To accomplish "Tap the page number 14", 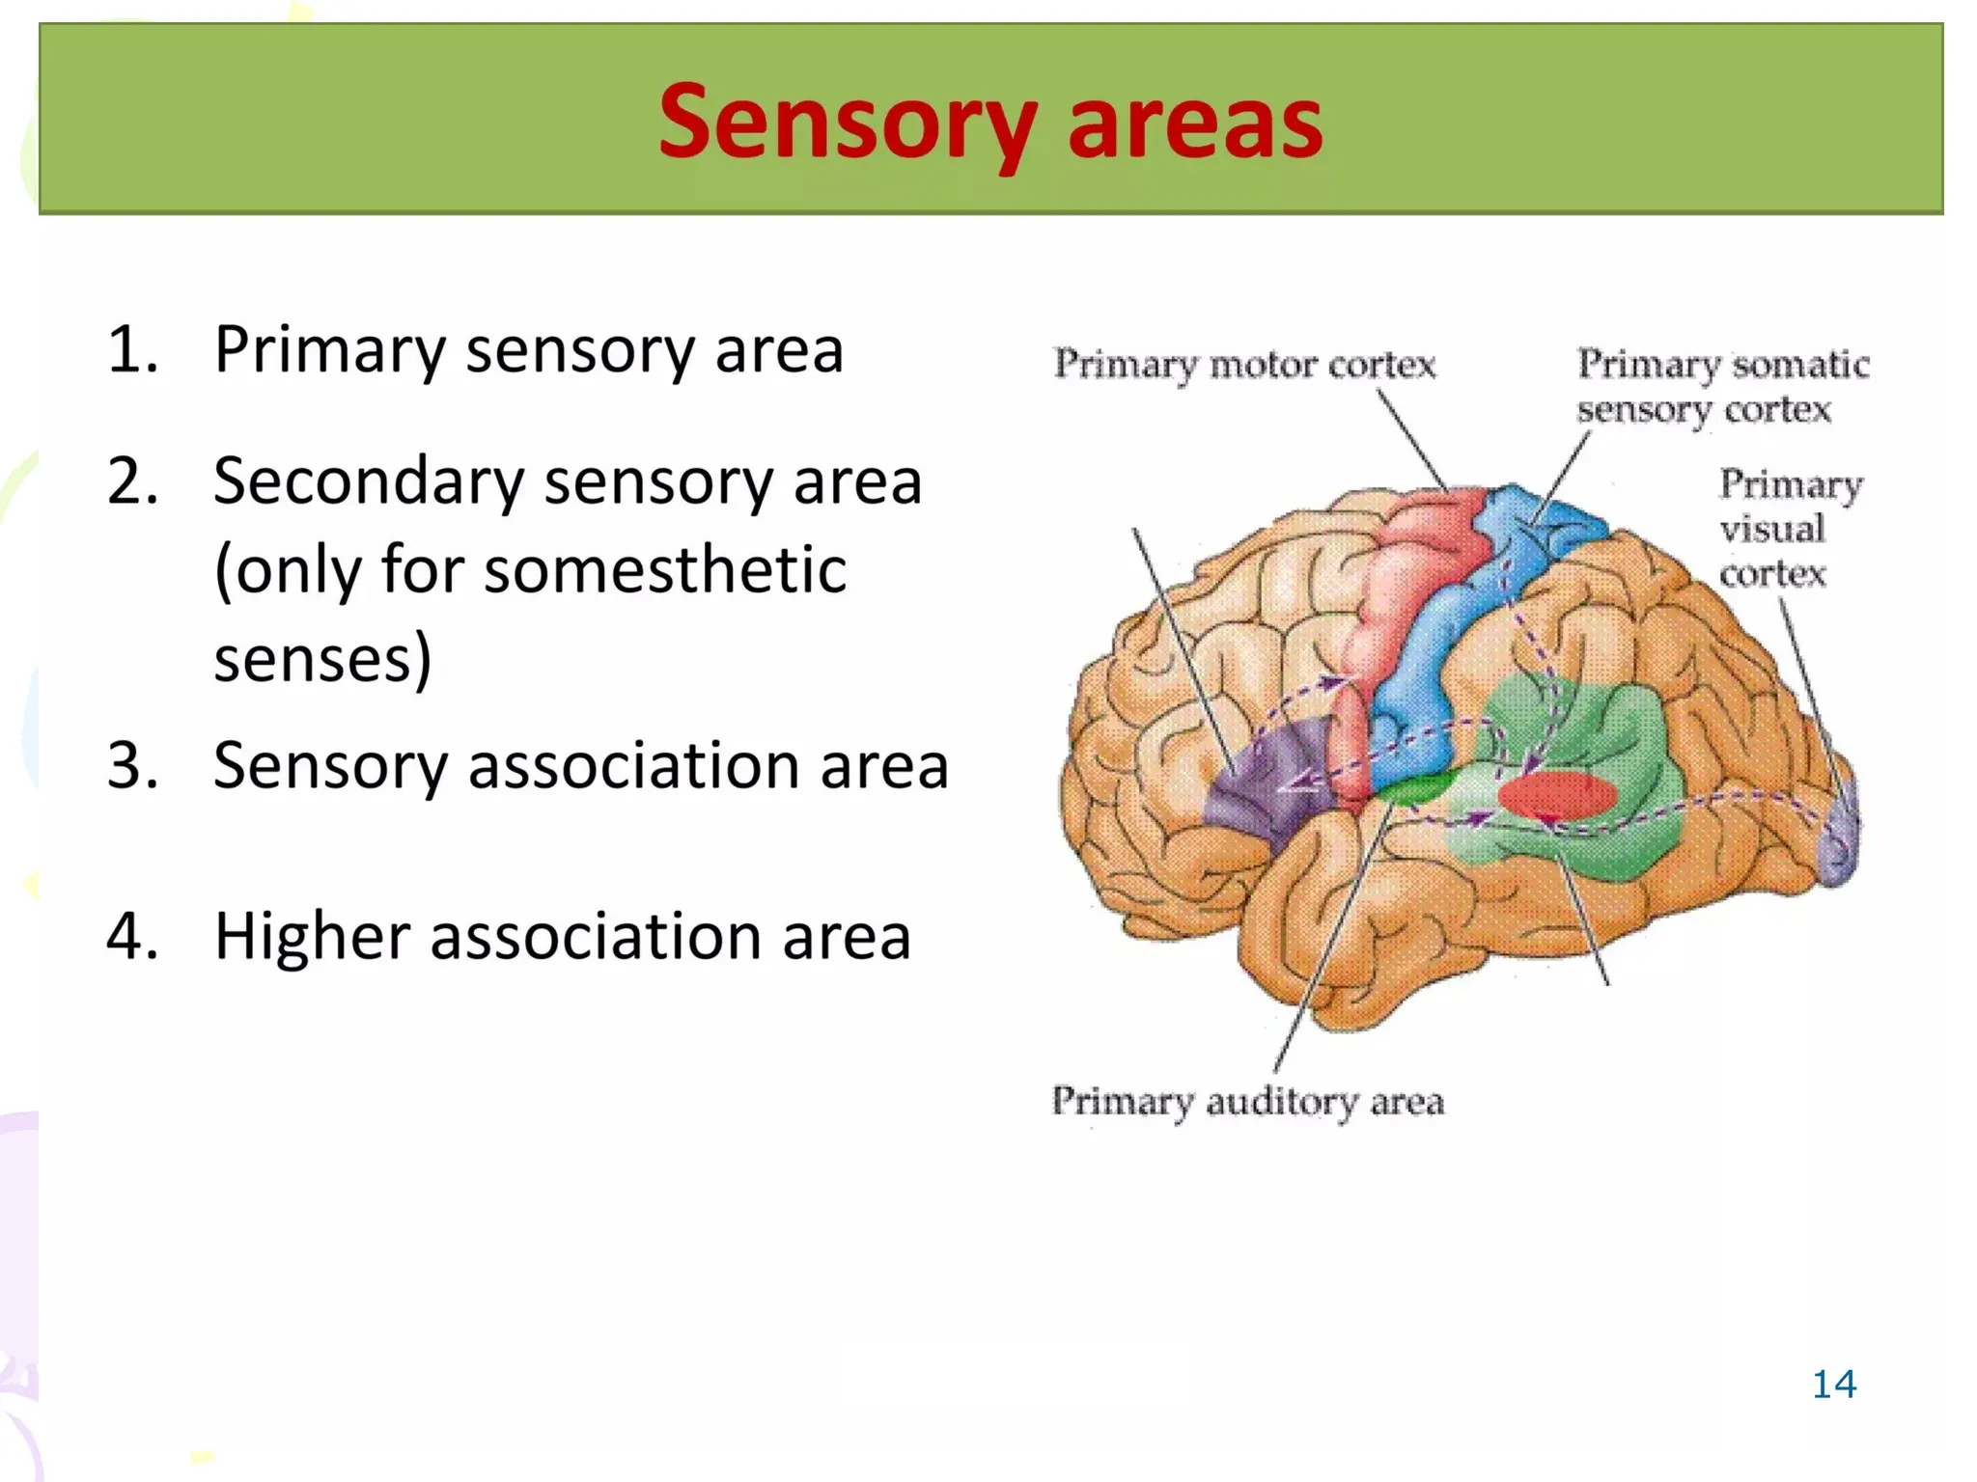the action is point(1834,1384).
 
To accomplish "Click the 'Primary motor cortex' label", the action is point(1245,365).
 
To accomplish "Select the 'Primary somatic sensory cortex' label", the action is point(1723,386).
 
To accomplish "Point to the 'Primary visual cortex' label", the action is point(1791,528).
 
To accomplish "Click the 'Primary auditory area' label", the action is point(1248,1102).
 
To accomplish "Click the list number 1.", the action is point(132,349).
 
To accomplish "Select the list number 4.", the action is point(132,936).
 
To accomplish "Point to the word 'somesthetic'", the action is point(665,569).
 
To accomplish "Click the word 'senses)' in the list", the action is point(322,660).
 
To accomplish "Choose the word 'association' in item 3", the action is point(633,766).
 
